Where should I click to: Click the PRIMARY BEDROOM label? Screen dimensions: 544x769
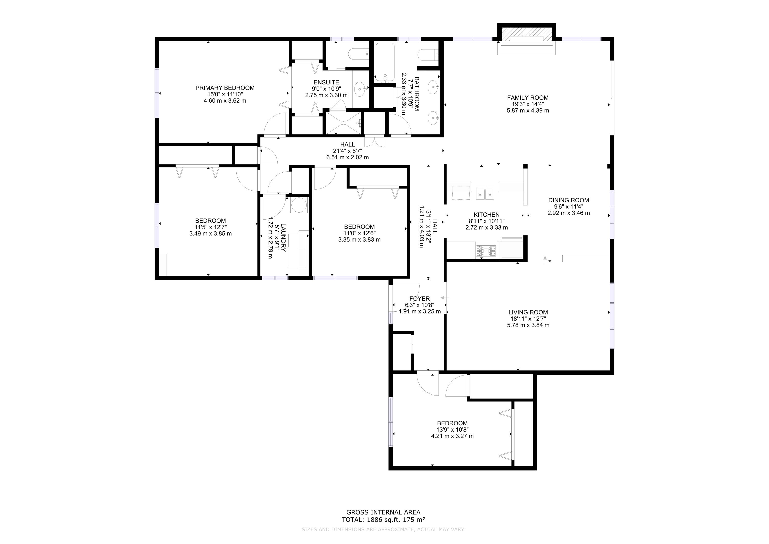(x=225, y=88)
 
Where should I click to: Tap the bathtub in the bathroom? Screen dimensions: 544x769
(x=385, y=63)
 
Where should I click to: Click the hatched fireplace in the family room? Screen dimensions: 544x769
(x=527, y=34)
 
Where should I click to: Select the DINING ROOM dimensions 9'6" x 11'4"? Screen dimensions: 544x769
(x=568, y=206)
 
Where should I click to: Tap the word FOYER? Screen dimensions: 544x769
(x=419, y=299)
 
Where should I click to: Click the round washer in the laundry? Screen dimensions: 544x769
(x=299, y=205)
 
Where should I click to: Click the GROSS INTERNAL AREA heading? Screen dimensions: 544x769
(x=383, y=512)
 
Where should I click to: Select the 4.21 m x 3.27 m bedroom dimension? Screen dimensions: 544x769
(x=452, y=436)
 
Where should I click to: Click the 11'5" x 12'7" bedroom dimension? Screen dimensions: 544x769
(x=210, y=227)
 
